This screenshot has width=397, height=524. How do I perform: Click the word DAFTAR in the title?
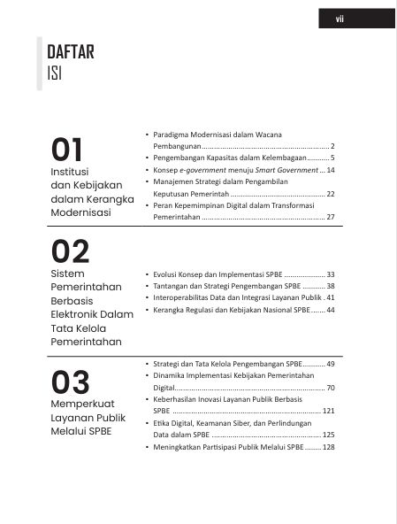click(70, 52)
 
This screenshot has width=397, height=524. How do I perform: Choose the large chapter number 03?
click(70, 381)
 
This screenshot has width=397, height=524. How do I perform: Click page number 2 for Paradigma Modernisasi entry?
click(332, 144)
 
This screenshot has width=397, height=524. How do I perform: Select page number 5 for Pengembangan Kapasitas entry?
click(332, 157)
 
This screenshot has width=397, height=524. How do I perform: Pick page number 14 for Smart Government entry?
click(330, 169)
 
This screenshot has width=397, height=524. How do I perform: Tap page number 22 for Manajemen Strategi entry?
click(330, 193)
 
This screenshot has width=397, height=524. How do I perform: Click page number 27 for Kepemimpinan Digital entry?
click(330, 217)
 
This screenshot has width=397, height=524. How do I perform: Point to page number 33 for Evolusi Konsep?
click(330, 274)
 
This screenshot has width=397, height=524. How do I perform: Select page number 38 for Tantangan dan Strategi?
click(330, 287)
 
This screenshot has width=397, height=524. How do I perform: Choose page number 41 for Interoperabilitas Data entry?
click(330, 298)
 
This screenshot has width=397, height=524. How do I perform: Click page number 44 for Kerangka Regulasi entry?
click(330, 311)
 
